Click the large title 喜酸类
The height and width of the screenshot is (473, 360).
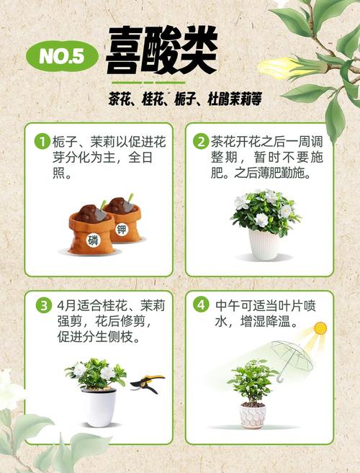[161, 52]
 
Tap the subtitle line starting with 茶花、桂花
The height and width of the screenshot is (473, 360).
[184, 99]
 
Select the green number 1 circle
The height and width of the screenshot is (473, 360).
[43, 142]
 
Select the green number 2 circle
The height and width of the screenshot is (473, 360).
[201, 142]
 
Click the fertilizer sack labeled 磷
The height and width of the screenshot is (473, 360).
[91, 232]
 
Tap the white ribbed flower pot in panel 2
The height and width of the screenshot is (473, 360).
[264, 244]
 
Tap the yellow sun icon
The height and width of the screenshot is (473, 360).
[320, 329]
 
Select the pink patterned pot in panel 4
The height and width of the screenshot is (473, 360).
[253, 415]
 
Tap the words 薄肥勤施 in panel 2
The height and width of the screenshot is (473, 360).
[284, 174]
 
